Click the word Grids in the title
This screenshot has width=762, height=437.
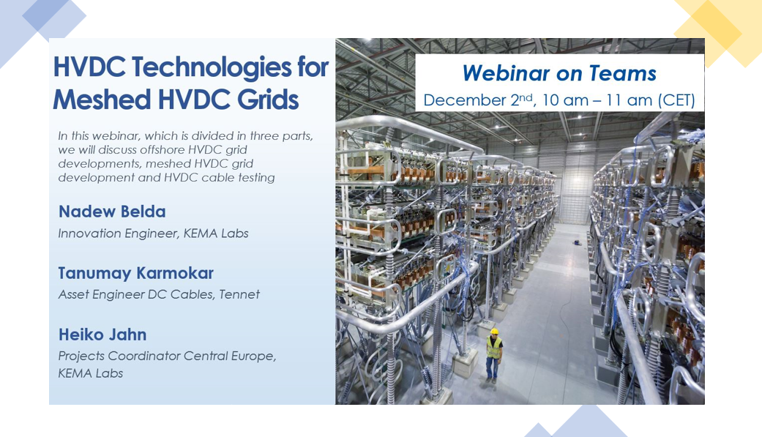coord(267,100)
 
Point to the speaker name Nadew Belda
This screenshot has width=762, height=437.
coord(112,212)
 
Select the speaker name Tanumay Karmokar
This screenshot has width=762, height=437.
coord(136,274)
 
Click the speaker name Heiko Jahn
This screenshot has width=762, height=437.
coord(102,335)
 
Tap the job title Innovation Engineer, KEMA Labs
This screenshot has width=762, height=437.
coord(154,234)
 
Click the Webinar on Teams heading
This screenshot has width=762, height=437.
coord(559,73)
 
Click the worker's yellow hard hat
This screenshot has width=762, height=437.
coord(495,332)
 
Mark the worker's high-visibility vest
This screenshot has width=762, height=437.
coord(495,347)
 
